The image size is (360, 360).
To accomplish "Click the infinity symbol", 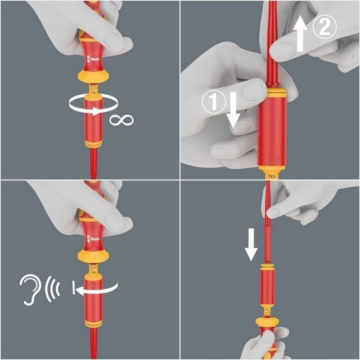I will [121, 120].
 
